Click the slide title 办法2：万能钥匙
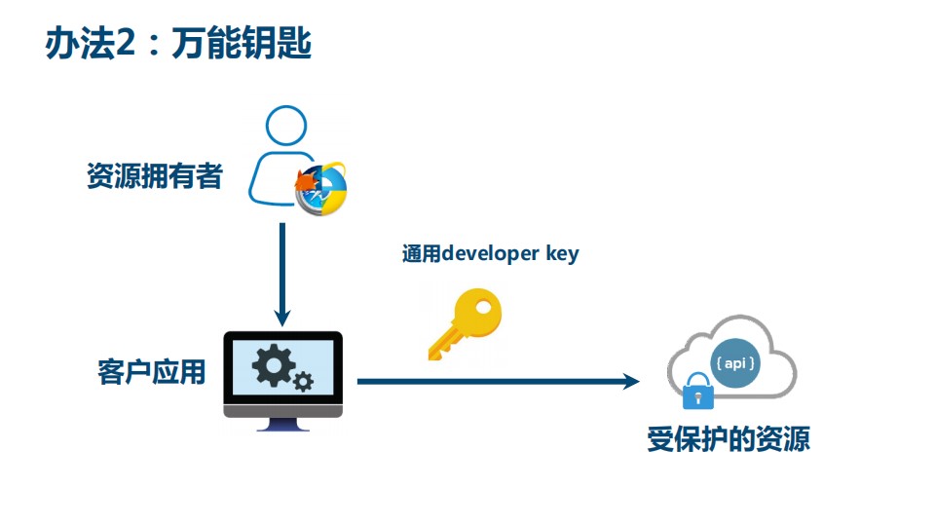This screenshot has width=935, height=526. (x=178, y=45)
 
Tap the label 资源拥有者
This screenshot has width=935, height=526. (x=155, y=176)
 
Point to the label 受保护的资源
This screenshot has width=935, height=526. (x=729, y=439)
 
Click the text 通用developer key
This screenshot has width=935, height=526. (x=490, y=254)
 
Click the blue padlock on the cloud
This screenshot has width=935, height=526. (x=696, y=393)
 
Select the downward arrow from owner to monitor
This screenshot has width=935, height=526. (x=282, y=273)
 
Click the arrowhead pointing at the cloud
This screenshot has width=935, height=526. (x=631, y=381)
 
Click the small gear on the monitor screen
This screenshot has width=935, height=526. (x=303, y=381)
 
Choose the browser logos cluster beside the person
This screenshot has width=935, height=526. (x=321, y=185)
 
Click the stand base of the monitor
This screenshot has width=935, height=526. (x=283, y=426)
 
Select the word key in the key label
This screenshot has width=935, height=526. (x=560, y=254)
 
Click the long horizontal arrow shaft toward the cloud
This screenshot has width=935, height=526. (x=487, y=381)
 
